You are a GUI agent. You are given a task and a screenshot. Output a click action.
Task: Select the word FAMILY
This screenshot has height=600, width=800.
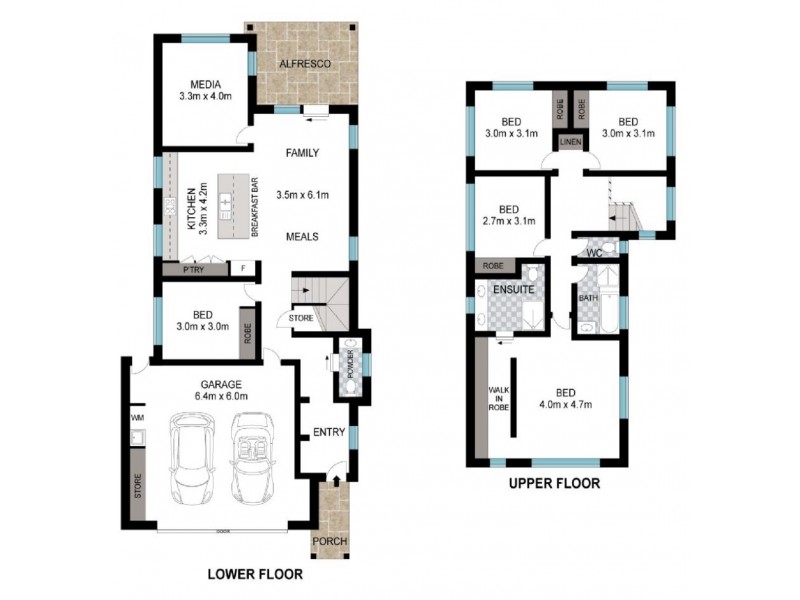(302, 153)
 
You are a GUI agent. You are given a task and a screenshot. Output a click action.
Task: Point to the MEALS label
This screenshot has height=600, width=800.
(302, 237)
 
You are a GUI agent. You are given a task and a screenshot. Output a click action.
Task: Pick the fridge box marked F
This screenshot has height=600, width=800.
(242, 269)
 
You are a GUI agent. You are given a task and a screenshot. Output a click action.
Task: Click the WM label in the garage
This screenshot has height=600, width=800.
(137, 417)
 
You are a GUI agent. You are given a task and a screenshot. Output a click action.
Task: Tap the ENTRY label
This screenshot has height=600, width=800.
(329, 432)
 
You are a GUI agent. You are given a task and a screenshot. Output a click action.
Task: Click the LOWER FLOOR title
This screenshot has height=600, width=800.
(254, 575)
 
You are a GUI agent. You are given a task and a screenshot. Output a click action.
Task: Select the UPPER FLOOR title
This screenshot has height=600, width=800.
(554, 484)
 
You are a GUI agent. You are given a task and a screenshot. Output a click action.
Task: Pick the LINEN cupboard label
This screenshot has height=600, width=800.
(570, 143)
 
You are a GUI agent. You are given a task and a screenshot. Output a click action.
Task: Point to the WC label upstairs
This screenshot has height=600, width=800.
(593, 252)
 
